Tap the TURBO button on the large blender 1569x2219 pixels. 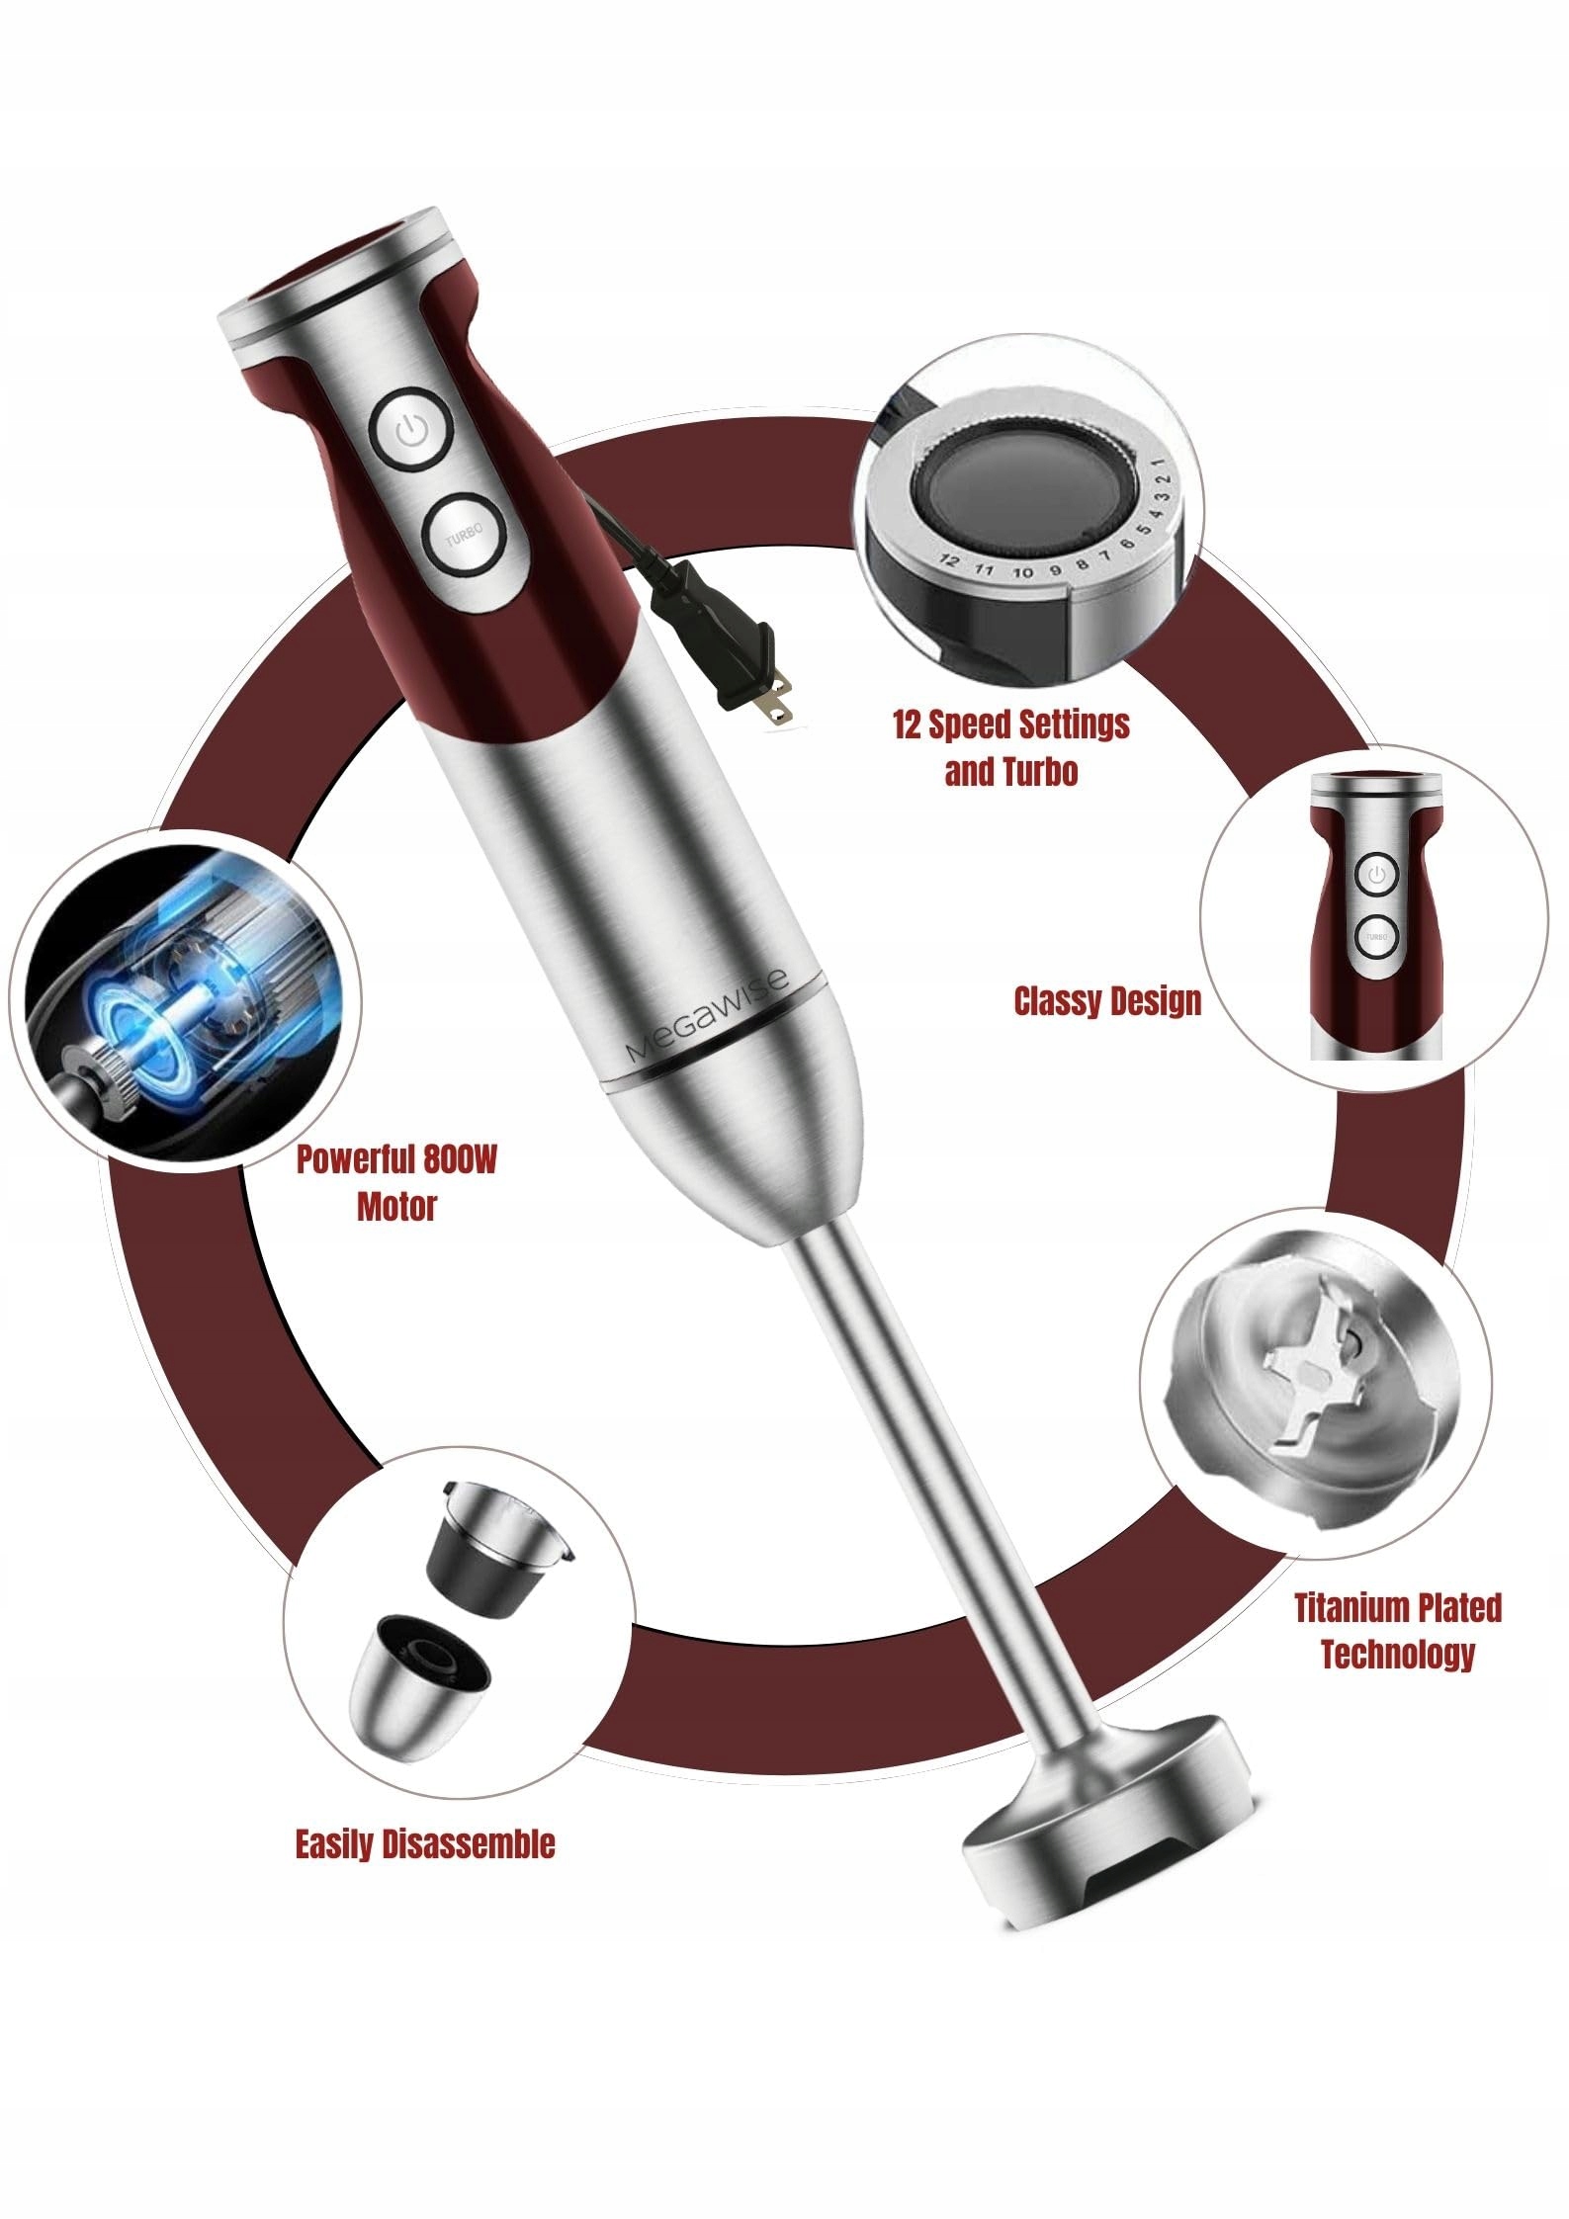pyautogui.click(x=464, y=536)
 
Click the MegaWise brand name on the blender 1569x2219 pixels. pyautogui.click(x=707, y=1015)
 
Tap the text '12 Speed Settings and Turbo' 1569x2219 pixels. pyautogui.click(x=1010, y=747)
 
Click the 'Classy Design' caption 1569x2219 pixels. pyautogui.click(x=1107, y=1001)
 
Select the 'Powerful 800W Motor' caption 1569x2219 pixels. pyautogui.click(x=396, y=1182)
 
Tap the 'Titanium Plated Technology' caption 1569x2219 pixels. pyautogui.click(x=1398, y=1631)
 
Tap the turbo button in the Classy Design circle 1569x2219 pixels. pyautogui.click(x=1376, y=935)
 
